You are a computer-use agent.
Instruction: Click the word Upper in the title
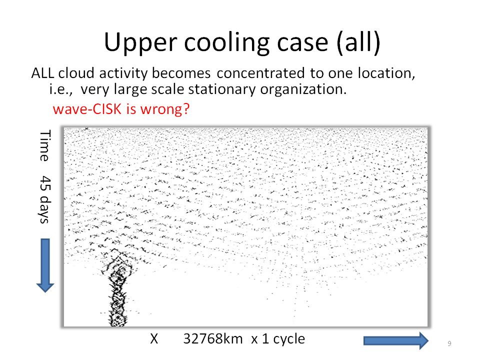coord(140,43)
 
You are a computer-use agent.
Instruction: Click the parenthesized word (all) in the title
coord(358,43)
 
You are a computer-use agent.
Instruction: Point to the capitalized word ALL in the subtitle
coord(42,73)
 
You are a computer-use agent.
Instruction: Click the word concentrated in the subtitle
coord(261,73)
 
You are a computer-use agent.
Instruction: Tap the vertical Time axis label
coord(45,145)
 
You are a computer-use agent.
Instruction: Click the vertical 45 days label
coord(45,199)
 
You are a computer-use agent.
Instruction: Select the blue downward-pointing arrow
coord(45,265)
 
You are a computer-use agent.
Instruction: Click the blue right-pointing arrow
coord(396,340)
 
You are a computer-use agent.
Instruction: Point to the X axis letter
coord(154,339)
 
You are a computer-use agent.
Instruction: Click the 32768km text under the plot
coord(213,339)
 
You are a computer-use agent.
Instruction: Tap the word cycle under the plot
coord(289,339)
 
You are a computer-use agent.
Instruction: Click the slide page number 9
coord(449,343)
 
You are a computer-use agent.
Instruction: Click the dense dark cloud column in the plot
coord(117,291)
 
